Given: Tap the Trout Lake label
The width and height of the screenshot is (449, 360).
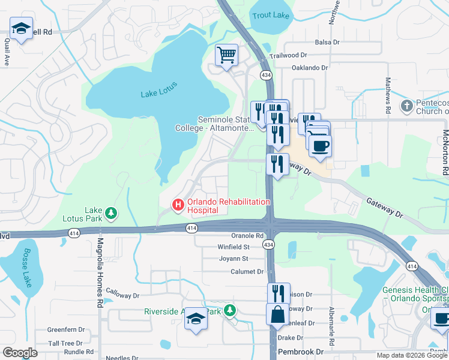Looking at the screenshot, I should pyautogui.click(x=270, y=16).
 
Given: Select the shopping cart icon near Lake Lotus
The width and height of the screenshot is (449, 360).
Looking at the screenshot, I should pyautogui.click(x=227, y=56).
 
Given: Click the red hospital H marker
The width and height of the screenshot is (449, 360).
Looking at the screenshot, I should pyautogui.click(x=178, y=205).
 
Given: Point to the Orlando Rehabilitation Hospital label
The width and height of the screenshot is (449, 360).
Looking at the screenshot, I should pyautogui.click(x=228, y=206).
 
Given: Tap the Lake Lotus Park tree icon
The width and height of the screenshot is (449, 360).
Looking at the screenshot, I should pyautogui.click(x=110, y=213).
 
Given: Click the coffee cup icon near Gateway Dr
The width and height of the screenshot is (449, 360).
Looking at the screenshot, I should pyautogui.click(x=319, y=146).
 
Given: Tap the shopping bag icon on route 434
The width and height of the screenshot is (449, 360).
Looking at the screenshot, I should pyautogui.click(x=278, y=314).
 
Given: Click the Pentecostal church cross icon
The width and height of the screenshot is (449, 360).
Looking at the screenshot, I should pyautogui.click(x=406, y=107).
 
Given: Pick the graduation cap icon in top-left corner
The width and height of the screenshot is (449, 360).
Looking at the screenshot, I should pyautogui.click(x=22, y=28).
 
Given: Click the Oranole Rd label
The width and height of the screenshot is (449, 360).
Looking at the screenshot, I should pyautogui.click(x=247, y=236).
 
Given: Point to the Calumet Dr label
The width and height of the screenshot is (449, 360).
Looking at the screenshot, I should pyautogui.click(x=247, y=272).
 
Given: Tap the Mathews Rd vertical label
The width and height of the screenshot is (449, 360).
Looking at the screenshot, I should pyautogui.click(x=388, y=95).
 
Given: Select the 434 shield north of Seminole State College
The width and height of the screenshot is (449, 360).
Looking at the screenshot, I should pyautogui.click(x=265, y=74).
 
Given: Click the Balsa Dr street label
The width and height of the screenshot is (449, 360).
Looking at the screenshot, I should pyautogui.click(x=328, y=43).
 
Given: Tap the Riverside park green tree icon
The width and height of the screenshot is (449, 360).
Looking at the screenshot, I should pyautogui.click(x=228, y=310).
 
